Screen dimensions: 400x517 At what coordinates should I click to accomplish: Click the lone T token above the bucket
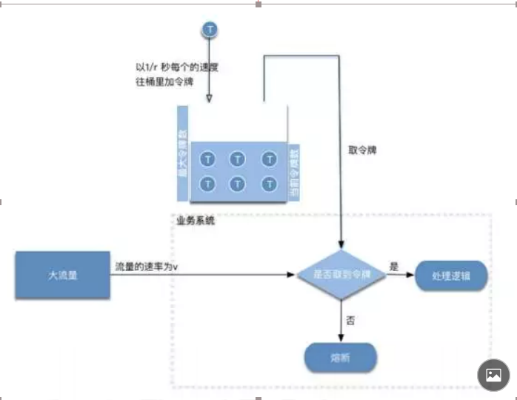210,30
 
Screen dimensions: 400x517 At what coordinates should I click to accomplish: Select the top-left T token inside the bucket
209,159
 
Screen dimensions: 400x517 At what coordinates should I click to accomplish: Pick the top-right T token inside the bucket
269,159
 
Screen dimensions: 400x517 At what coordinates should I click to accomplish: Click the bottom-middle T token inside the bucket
239,183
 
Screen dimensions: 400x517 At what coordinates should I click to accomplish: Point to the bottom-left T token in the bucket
209,183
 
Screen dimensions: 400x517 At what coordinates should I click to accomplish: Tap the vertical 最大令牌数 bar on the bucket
183,154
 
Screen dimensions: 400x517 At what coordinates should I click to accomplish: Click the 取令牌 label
363,150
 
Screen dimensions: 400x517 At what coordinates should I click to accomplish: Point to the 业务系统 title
196,220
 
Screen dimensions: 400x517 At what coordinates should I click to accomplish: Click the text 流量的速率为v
147,266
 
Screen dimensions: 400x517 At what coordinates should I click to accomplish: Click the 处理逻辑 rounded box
452,276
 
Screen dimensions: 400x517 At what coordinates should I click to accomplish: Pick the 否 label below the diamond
350,321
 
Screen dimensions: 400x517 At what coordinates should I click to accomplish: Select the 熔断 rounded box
341,359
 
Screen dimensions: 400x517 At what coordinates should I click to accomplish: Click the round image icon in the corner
493,375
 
